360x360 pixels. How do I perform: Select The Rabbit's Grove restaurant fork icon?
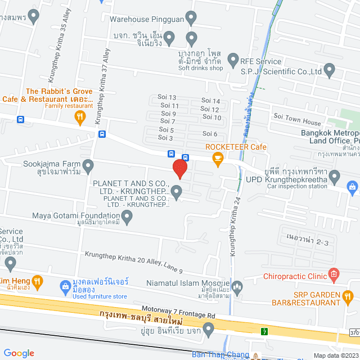click(80, 118)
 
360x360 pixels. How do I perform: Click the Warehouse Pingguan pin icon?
click(191, 20)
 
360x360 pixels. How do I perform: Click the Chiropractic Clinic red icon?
click(334, 276)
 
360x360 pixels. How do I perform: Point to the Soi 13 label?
click(168, 97)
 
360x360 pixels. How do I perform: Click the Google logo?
click(19, 353)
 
